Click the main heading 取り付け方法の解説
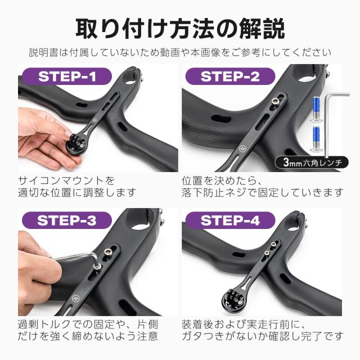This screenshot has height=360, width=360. pyautogui.click(x=180, y=27)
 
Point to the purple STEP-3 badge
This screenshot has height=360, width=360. pyautogui.click(x=66, y=220)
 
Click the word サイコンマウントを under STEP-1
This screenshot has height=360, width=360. pyautogui.click(x=66, y=181)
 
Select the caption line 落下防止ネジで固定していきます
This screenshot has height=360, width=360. pyautogui.click(x=262, y=193)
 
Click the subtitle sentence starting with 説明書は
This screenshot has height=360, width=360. pyautogui.click(x=180, y=53)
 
